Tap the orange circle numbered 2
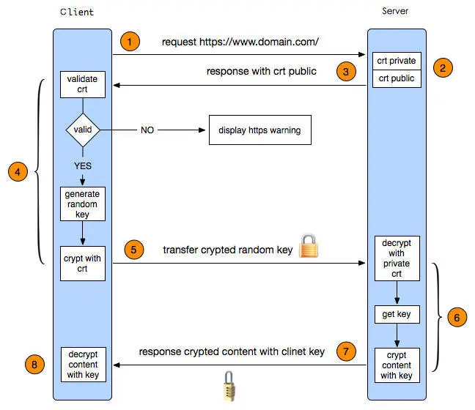(443, 69)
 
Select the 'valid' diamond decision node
(82, 130)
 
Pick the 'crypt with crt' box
(82, 264)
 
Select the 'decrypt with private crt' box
(397, 258)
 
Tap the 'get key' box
(397, 315)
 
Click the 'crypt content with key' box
(397, 365)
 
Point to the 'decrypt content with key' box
(82, 363)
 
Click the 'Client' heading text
(78, 12)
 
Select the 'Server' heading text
(396, 12)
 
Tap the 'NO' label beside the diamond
(147, 130)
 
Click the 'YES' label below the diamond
(83, 165)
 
